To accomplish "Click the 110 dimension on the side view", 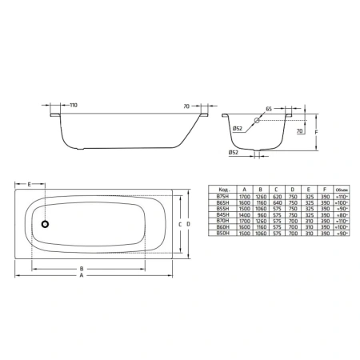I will [x=73, y=106].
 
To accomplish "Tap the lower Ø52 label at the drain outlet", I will [x=233, y=151].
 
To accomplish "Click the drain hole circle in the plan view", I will [x=46, y=225].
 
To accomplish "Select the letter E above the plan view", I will [x=30, y=184].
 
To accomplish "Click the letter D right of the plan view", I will [x=189, y=224].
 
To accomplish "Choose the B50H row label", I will [x=222, y=238].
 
